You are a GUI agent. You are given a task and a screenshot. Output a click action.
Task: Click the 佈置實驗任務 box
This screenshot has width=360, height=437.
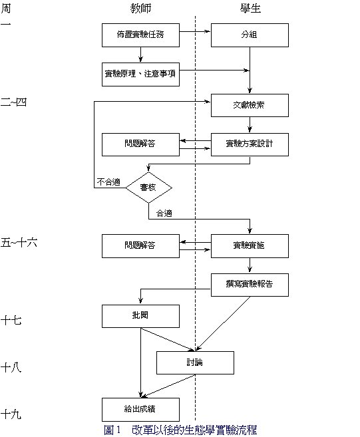(140, 35)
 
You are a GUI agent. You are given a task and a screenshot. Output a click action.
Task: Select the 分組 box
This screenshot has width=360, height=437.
(250, 35)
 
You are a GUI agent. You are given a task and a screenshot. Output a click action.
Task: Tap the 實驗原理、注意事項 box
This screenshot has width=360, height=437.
(140, 74)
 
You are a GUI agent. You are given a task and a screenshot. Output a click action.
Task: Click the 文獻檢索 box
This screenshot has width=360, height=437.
(250, 105)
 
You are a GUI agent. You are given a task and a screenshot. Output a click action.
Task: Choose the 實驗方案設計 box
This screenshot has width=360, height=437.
(250, 144)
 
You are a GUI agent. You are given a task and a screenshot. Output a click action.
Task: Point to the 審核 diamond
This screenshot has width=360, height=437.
(148, 188)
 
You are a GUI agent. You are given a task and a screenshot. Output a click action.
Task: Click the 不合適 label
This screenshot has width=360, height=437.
(108, 182)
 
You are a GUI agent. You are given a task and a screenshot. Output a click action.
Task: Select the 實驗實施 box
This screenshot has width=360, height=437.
(250, 246)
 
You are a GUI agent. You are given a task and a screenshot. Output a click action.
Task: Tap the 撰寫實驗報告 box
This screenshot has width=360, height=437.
(250, 285)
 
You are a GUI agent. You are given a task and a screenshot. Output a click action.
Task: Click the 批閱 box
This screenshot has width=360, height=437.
(140, 316)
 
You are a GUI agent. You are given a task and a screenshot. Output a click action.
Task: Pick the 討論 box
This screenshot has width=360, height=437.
(195, 363)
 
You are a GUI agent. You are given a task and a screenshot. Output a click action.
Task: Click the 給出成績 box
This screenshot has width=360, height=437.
(140, 410)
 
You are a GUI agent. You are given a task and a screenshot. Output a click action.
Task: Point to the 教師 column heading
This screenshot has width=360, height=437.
(140, 9)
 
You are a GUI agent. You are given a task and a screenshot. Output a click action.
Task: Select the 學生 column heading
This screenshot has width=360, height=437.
(250, 9)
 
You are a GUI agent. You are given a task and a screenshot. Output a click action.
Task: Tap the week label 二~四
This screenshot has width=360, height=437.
(14, 102)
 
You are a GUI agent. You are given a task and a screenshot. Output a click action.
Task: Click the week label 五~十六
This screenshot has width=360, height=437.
(19, 243)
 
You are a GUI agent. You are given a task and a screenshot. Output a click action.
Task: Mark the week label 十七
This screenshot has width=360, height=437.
(11, 320)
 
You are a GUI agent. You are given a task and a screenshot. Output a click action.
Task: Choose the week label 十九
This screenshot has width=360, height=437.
(11, 414)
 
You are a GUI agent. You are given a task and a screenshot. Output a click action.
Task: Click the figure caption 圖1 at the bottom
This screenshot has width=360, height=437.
(112, 430)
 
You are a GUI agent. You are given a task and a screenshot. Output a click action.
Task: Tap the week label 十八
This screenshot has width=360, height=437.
(11, 368)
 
